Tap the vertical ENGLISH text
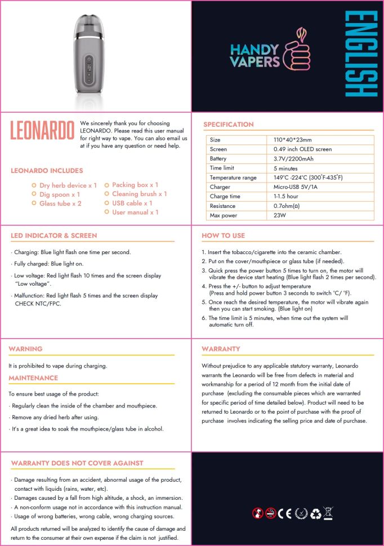point(360,54)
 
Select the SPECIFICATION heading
point(229,125)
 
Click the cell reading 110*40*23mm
point(292,140)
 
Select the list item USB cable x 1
point(132,203)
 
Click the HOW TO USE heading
point(224,236)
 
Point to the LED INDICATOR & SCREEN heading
point(54,236)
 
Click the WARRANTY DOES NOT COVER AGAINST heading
point(77,463)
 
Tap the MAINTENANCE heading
point(33,378)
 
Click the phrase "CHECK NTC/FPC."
point(38,304)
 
